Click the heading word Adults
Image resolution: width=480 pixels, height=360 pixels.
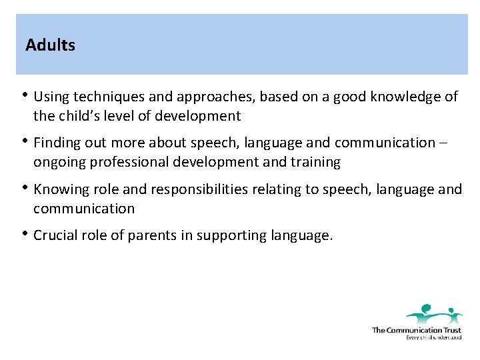(x=50, y=45)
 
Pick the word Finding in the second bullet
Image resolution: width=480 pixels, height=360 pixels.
(x=55, y=143)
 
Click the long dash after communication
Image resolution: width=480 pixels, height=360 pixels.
(x=444, y=143)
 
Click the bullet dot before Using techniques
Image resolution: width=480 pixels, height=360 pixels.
(x=25, y=95)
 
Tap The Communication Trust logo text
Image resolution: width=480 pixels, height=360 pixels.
(x=416, y=330)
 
